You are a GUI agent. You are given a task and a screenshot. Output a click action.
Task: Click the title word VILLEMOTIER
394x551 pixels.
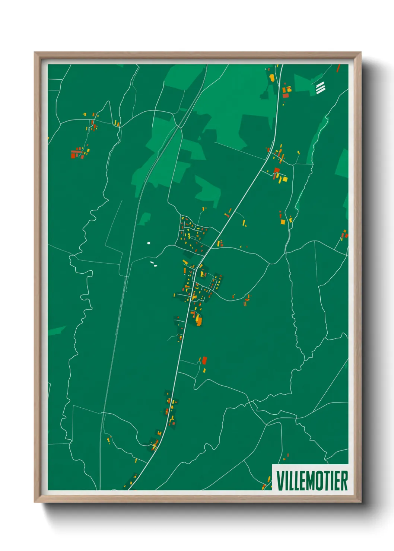312,481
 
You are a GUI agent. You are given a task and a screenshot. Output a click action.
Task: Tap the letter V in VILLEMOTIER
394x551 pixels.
280,481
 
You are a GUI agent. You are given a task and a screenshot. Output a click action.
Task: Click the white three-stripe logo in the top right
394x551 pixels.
320,88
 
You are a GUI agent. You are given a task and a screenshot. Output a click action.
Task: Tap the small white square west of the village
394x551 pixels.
149,243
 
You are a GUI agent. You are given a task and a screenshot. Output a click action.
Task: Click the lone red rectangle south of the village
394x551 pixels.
204,360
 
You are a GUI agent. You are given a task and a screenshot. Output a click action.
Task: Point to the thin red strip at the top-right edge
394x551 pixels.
338,68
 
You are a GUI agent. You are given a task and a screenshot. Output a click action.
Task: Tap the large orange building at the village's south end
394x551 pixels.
199,321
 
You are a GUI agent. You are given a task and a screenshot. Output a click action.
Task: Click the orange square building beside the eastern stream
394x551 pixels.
283,222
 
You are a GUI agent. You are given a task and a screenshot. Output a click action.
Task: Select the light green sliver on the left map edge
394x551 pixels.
56,330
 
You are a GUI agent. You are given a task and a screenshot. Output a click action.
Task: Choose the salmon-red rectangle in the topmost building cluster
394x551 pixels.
286,95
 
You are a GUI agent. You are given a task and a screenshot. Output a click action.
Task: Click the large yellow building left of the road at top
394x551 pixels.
272,77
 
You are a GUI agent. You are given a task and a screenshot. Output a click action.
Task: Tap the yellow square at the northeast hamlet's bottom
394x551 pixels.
285,179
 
